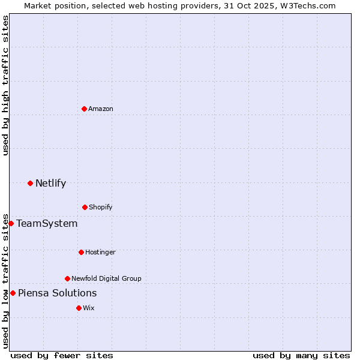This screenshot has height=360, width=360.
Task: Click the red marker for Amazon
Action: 84,109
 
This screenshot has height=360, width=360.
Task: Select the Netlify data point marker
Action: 30,183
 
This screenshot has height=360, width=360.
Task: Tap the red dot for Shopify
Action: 85,207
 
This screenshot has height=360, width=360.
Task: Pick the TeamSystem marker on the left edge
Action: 11,223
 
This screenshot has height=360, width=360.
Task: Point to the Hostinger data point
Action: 81,252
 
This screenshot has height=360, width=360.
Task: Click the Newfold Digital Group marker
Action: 67,278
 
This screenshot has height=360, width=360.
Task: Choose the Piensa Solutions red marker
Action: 13,293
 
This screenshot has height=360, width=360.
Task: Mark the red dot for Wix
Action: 79,308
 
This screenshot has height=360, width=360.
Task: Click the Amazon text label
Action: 101,109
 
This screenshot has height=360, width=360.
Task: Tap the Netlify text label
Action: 50,183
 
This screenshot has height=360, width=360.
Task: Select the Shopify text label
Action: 101,207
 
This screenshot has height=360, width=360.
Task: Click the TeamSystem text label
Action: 47,223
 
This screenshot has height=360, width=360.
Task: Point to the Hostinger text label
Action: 100,252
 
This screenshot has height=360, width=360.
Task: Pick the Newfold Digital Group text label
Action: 106,278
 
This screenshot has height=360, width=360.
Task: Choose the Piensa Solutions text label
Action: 57,293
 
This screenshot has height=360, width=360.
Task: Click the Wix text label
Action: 89,308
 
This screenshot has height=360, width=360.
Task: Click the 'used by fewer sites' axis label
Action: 62,355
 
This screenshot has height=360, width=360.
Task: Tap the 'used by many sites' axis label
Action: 301,355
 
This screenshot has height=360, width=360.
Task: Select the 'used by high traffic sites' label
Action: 5,85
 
